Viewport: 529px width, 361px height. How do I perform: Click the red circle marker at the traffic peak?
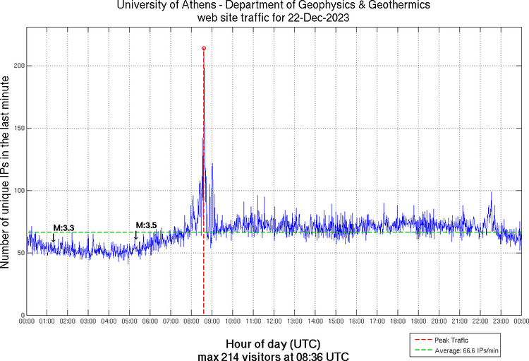pos(204,49)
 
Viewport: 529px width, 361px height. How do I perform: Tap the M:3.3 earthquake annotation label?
pos(64,227)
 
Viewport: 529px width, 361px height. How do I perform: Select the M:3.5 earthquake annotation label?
pos(146,225)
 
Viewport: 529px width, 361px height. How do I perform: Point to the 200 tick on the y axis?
pos(18,66)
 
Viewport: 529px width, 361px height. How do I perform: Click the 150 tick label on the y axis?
pos(18,128)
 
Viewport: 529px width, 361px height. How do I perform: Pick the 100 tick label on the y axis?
pos(18,191)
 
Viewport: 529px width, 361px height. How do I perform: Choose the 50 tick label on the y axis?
pos(19,253)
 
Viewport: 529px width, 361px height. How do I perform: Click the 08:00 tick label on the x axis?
pos(191,321)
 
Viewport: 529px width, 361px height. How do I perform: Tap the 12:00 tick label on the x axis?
pos(274,321)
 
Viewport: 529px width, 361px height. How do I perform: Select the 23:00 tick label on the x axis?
pos(501,321)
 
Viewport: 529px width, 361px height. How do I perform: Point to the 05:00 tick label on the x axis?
pos(130,321)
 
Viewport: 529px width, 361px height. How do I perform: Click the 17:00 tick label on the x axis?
pos(377,321)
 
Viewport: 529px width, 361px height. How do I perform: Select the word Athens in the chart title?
pos(195,6)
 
